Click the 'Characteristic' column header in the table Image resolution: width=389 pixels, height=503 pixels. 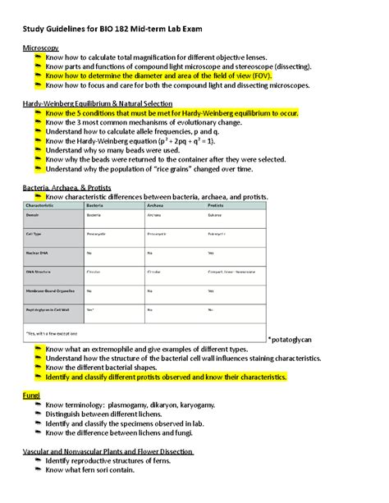pyautogui.click(x=45, y=205)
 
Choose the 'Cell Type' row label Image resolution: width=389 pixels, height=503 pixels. pyautogui.click(x=38, y=233)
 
